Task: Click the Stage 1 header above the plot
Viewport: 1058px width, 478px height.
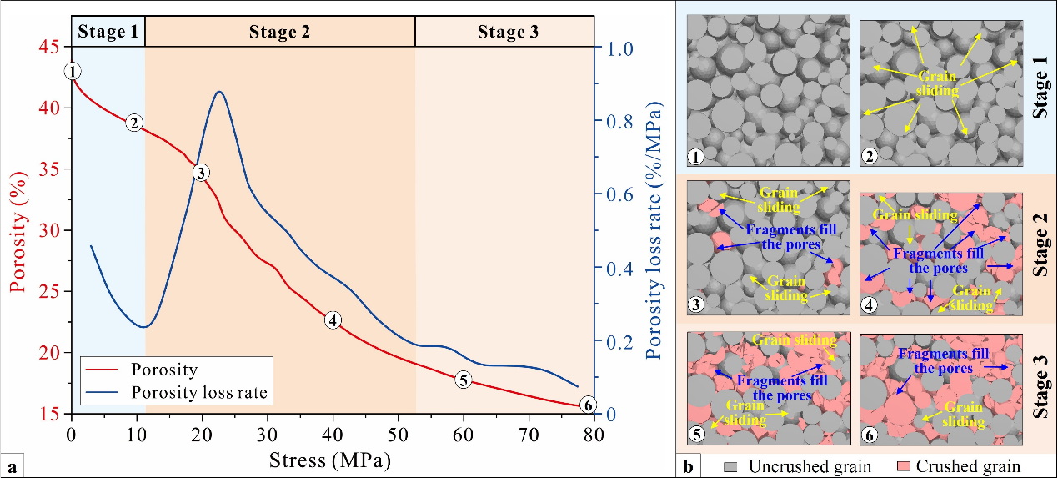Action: pyautogui.click(x=108, y=33)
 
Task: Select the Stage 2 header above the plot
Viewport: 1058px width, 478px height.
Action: pyautogui.click(x=279, y=33)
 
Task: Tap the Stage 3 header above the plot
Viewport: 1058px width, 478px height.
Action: pyautogui.click(x=508, y=33)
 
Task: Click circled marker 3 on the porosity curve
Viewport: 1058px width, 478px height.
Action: pyautogui.click(x=200, y=173)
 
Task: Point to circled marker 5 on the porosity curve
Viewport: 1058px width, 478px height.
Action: pyautogui.click(x=464, y=380)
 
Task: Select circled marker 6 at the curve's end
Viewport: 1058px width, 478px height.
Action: pyautogui.click(x=588, y=405)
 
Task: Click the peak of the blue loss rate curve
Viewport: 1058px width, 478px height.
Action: pyautogui.click(x=218, y=92)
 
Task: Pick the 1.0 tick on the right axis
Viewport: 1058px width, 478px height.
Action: pyautogui.click(x=619, y=48)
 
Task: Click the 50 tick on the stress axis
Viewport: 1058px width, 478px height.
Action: pyautogui.click(x=398, y=434)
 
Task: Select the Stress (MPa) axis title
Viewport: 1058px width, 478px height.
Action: pyautogui.click(x=330, y=458)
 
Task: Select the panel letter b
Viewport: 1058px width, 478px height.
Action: pyautogui.click(x=689, y=465)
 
